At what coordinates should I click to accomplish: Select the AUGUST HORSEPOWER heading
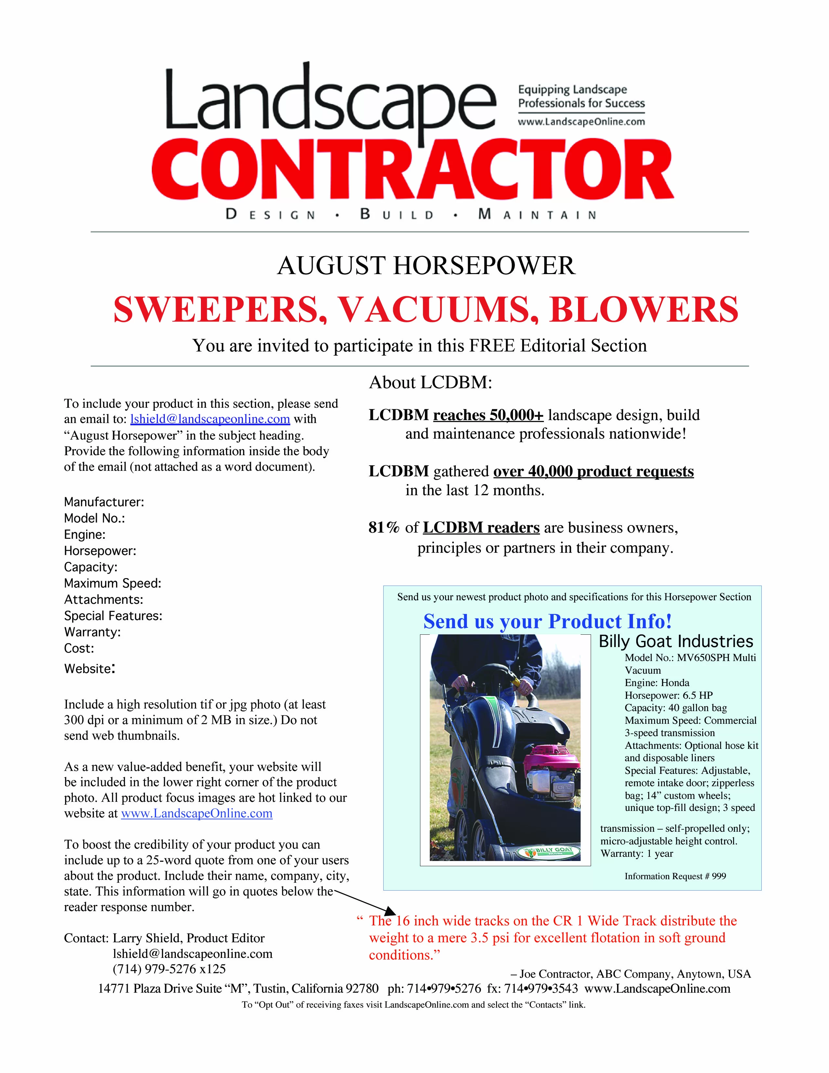tap(426, 266)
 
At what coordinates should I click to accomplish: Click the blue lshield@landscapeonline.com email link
tap(210, 419)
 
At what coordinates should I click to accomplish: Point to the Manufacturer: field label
tap(104, 502)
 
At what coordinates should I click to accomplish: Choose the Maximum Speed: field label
tap(112, 583)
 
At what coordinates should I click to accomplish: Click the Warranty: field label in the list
tap(92, 632)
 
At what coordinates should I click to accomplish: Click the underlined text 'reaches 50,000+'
tap(488, 415)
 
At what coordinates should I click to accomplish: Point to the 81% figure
tap(384, 528)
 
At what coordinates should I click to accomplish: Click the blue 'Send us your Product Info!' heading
tap(547, 621)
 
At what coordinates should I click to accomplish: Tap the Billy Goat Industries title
tap(676, 642)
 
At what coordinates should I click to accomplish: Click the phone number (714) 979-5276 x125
tap(169, 969)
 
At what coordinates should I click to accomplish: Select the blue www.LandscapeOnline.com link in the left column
tap(196, 814)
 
